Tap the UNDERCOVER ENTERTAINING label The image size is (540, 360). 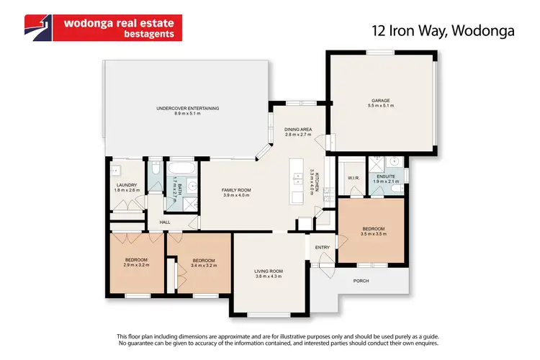click(x=187, y=109)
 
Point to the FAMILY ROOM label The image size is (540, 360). click(x=235, y=190)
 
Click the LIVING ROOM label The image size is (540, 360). click(x=269, y=271)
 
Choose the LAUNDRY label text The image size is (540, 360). click(x=126, y=185)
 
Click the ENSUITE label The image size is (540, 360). click(x=384, y=176)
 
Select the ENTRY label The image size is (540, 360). click(x=322, y=248)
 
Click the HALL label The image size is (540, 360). click(x=165, y=222)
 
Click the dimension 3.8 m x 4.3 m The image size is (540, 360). click(x=269, y=276)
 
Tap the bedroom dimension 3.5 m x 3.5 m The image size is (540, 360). click(x=374, y=234)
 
